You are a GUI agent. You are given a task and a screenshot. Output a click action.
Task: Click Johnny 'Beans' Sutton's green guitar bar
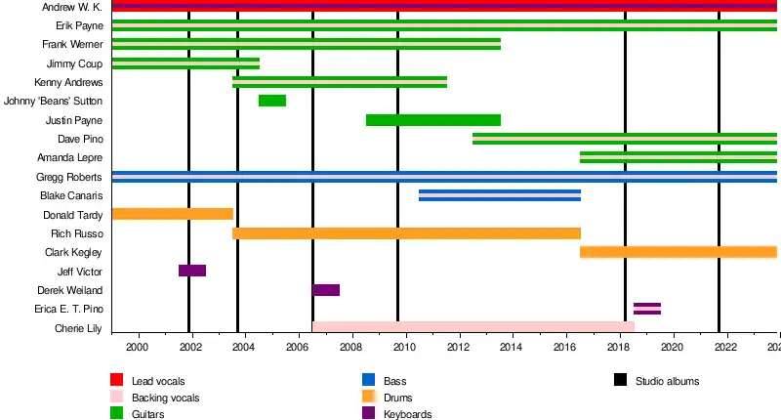pos(272,101)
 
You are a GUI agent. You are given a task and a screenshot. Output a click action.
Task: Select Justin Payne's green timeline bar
pos(432,120)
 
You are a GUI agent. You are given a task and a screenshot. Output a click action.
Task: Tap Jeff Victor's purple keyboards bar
pos(192,271)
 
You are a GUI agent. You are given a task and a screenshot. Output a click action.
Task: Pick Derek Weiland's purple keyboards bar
pos(326,290)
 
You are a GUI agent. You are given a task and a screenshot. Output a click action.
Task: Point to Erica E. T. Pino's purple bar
pos(647,309)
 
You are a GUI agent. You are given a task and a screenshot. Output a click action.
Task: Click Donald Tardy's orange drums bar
pos(172,214)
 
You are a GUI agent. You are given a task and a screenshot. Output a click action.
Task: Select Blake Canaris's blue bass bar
pos(500,195)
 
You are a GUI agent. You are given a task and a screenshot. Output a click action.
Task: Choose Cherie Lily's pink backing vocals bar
pos(473,327)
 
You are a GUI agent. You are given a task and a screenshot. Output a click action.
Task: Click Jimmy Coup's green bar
pos(185,63)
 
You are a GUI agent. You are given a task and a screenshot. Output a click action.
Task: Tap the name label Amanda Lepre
pos(70,157)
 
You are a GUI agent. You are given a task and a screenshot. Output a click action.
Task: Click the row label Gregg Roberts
pos(69,177)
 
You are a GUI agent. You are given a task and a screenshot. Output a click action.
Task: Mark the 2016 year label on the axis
pos(566,348)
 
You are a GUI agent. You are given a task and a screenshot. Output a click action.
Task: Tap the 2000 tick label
pos(137,348)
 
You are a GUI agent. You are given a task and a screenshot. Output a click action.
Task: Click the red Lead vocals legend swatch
pos(116,380)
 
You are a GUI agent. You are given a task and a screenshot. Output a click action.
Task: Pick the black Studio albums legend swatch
pos(621,380)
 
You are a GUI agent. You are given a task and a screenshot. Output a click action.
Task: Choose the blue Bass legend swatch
pos(368,380)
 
